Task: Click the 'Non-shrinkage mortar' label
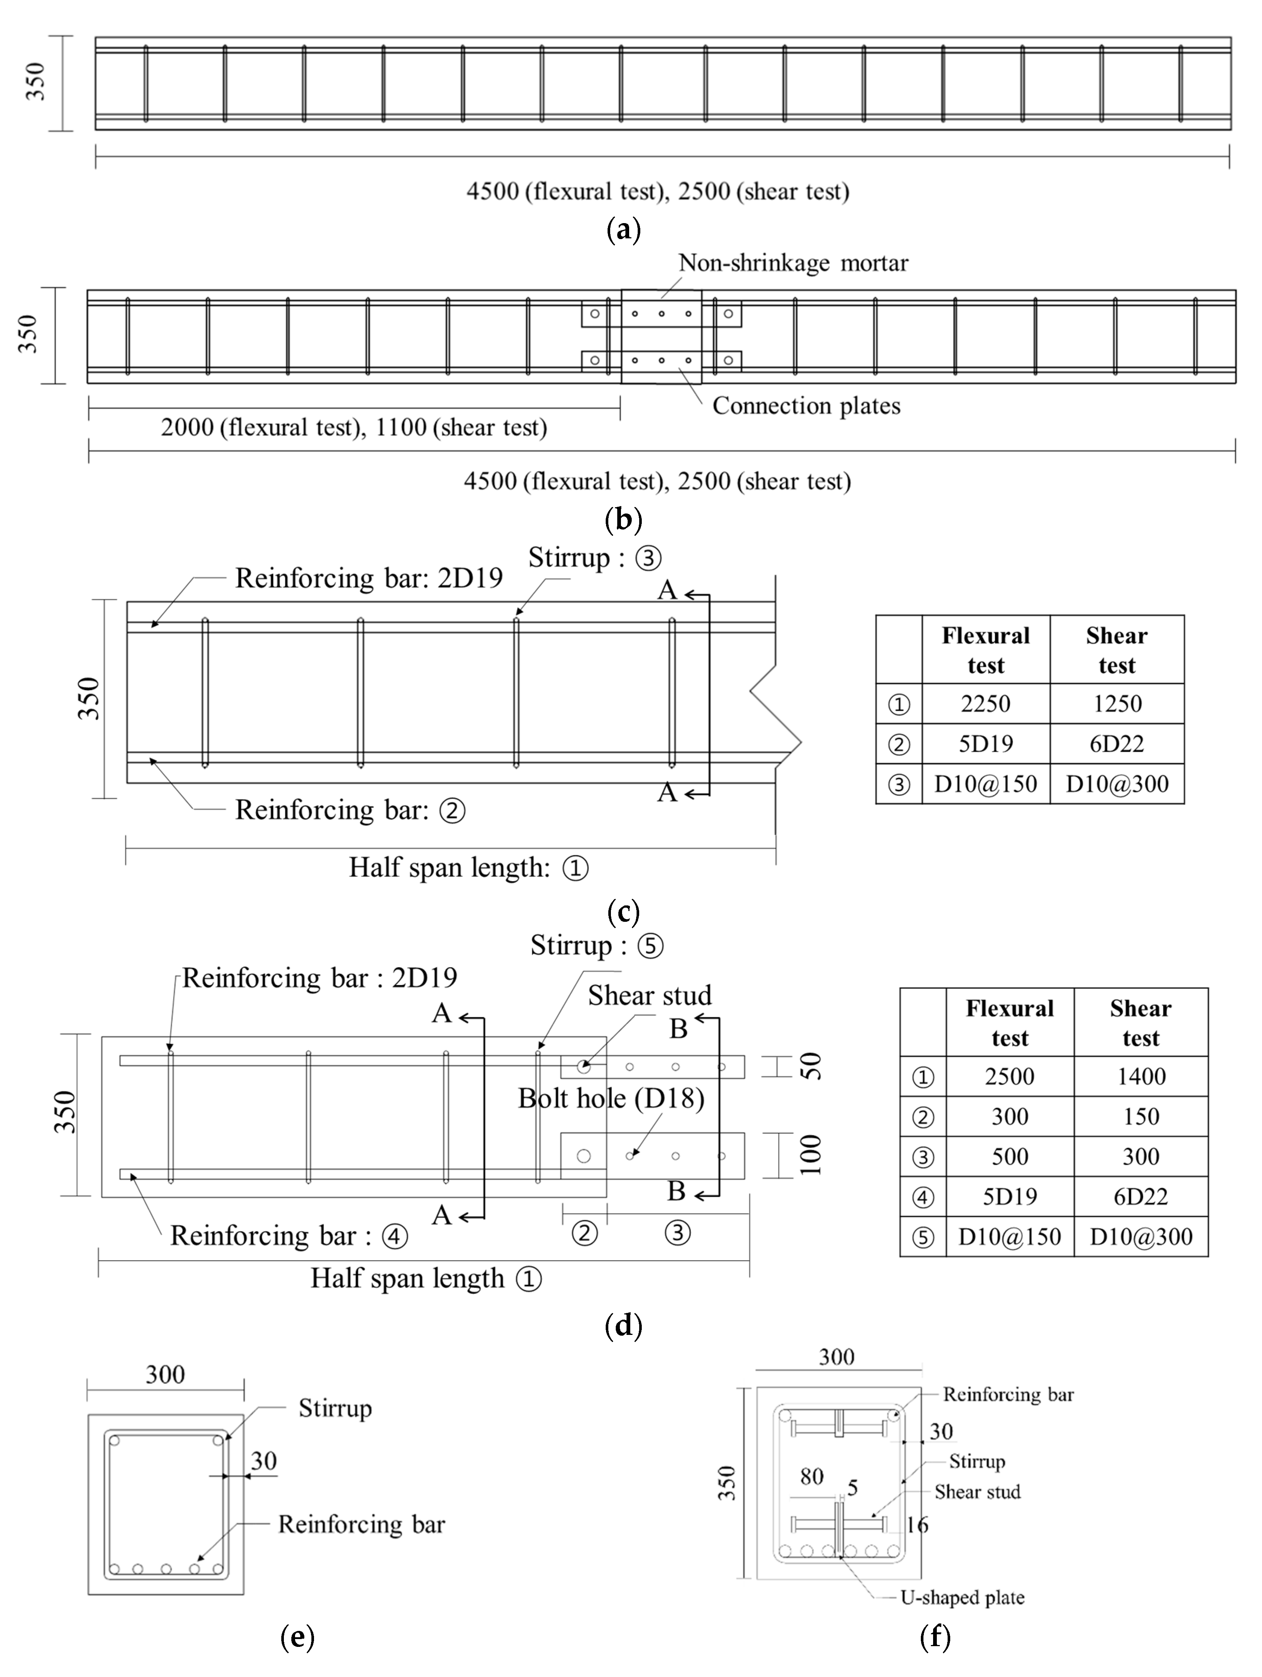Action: [x=792, y=263]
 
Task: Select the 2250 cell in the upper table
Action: [x=985, y=704]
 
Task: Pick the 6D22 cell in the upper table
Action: [x=1117, y=744]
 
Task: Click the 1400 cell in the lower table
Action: [x=1141, y=1076]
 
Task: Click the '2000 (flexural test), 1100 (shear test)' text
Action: [x=353, y=428]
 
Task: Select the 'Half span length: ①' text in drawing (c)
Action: [x=468, y=867]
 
